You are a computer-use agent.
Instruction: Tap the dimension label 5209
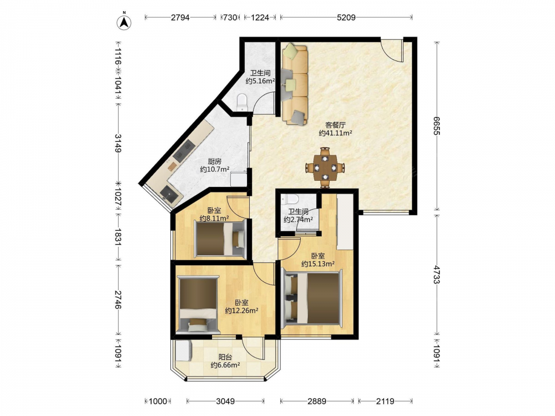pos(346,17)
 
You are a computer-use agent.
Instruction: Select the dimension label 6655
pos(437,125)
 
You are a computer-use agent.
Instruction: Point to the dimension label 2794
pos(180,17)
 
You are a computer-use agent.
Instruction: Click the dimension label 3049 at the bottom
pos(225,401)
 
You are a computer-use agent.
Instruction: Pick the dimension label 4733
pos(437,275)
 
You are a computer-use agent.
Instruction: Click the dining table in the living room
pos(325,168)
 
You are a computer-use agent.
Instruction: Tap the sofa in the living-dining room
pos(295,84)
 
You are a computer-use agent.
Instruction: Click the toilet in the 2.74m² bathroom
pos(289,200)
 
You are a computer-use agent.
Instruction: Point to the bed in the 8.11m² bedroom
pos(220,238)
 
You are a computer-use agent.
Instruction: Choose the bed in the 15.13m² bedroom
pos(312,297)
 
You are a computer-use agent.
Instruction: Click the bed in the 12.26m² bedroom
pos(198,305)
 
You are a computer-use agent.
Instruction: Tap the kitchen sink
pos(169,194)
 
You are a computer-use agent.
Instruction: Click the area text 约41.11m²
pos(335,133)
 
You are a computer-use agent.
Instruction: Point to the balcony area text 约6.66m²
pos(225,365)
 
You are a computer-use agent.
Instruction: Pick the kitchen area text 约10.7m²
pos(214,169)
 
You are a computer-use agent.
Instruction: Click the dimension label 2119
pos(385,401)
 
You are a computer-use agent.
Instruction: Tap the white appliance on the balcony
pos(184,351)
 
